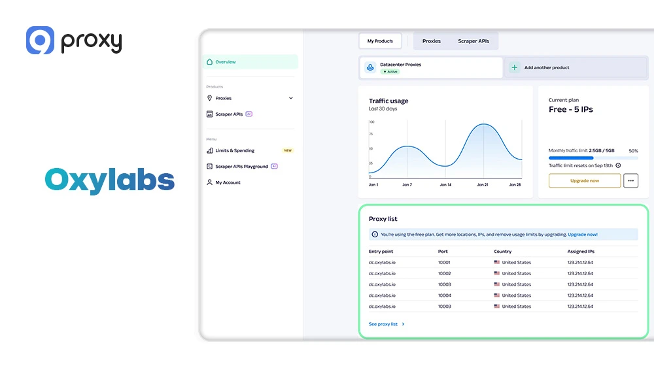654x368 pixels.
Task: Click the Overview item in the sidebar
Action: (225, 62)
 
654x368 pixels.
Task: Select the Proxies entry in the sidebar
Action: (224, 98)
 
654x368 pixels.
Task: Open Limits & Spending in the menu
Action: (235, 150)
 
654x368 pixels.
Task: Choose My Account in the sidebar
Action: (228, 182)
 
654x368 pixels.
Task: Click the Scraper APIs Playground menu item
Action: (241, 167)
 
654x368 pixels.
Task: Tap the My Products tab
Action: (380, 41)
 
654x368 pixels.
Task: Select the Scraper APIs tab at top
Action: (473, 41)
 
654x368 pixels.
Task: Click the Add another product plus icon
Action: (515, 67)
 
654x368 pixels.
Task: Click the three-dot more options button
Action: (630, 180)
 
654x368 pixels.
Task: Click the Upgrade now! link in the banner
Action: (582, 234)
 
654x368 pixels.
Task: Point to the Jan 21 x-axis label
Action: (483, 185)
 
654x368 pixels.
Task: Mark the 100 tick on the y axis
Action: (371, 122)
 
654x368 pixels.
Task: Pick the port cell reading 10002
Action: (444, 273)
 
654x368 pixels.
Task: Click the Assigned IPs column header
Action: (581, 252)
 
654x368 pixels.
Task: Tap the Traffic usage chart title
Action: (388, 101)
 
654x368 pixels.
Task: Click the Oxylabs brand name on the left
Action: (109, 181)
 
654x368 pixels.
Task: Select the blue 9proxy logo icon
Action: (40, 41)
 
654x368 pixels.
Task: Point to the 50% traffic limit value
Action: (633, 151)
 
